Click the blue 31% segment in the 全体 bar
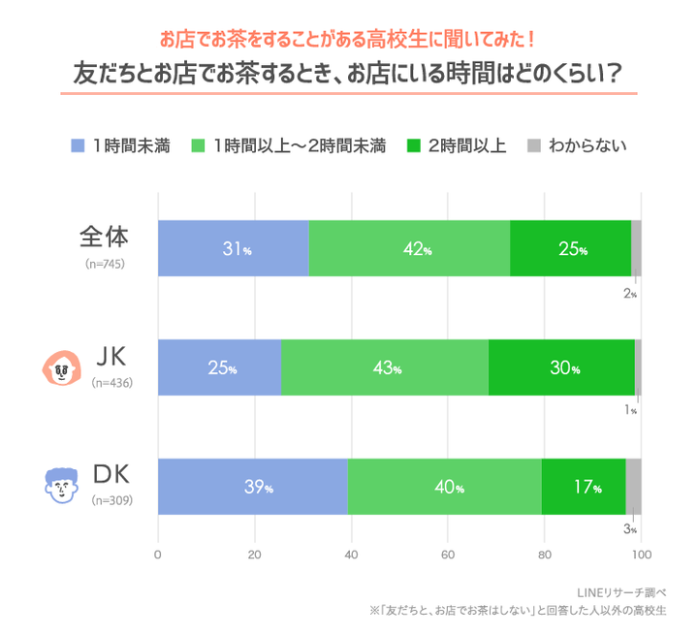coord(233,248)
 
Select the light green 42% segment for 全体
coord(409,248)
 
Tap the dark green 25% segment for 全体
coord(570,248)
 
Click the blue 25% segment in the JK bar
coord(219,367)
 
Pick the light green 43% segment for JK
coord(384,367)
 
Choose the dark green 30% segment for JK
coord(561,367)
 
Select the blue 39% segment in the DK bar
coord(252,487)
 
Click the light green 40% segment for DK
coord(444,487)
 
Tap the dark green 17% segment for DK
coord(583,487)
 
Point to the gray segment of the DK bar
coord(633,487)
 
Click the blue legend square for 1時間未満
coord(79,146)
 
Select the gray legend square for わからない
coord(532,146)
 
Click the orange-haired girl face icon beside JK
coord(61,367)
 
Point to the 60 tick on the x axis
coord(447,556)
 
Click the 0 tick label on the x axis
coord(158,556)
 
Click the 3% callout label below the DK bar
coord(629,528)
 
